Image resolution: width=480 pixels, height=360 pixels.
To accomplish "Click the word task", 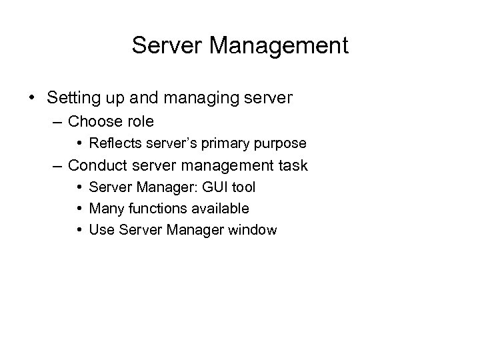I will point(291,165).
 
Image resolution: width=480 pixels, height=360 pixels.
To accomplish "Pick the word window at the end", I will point(255,230).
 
